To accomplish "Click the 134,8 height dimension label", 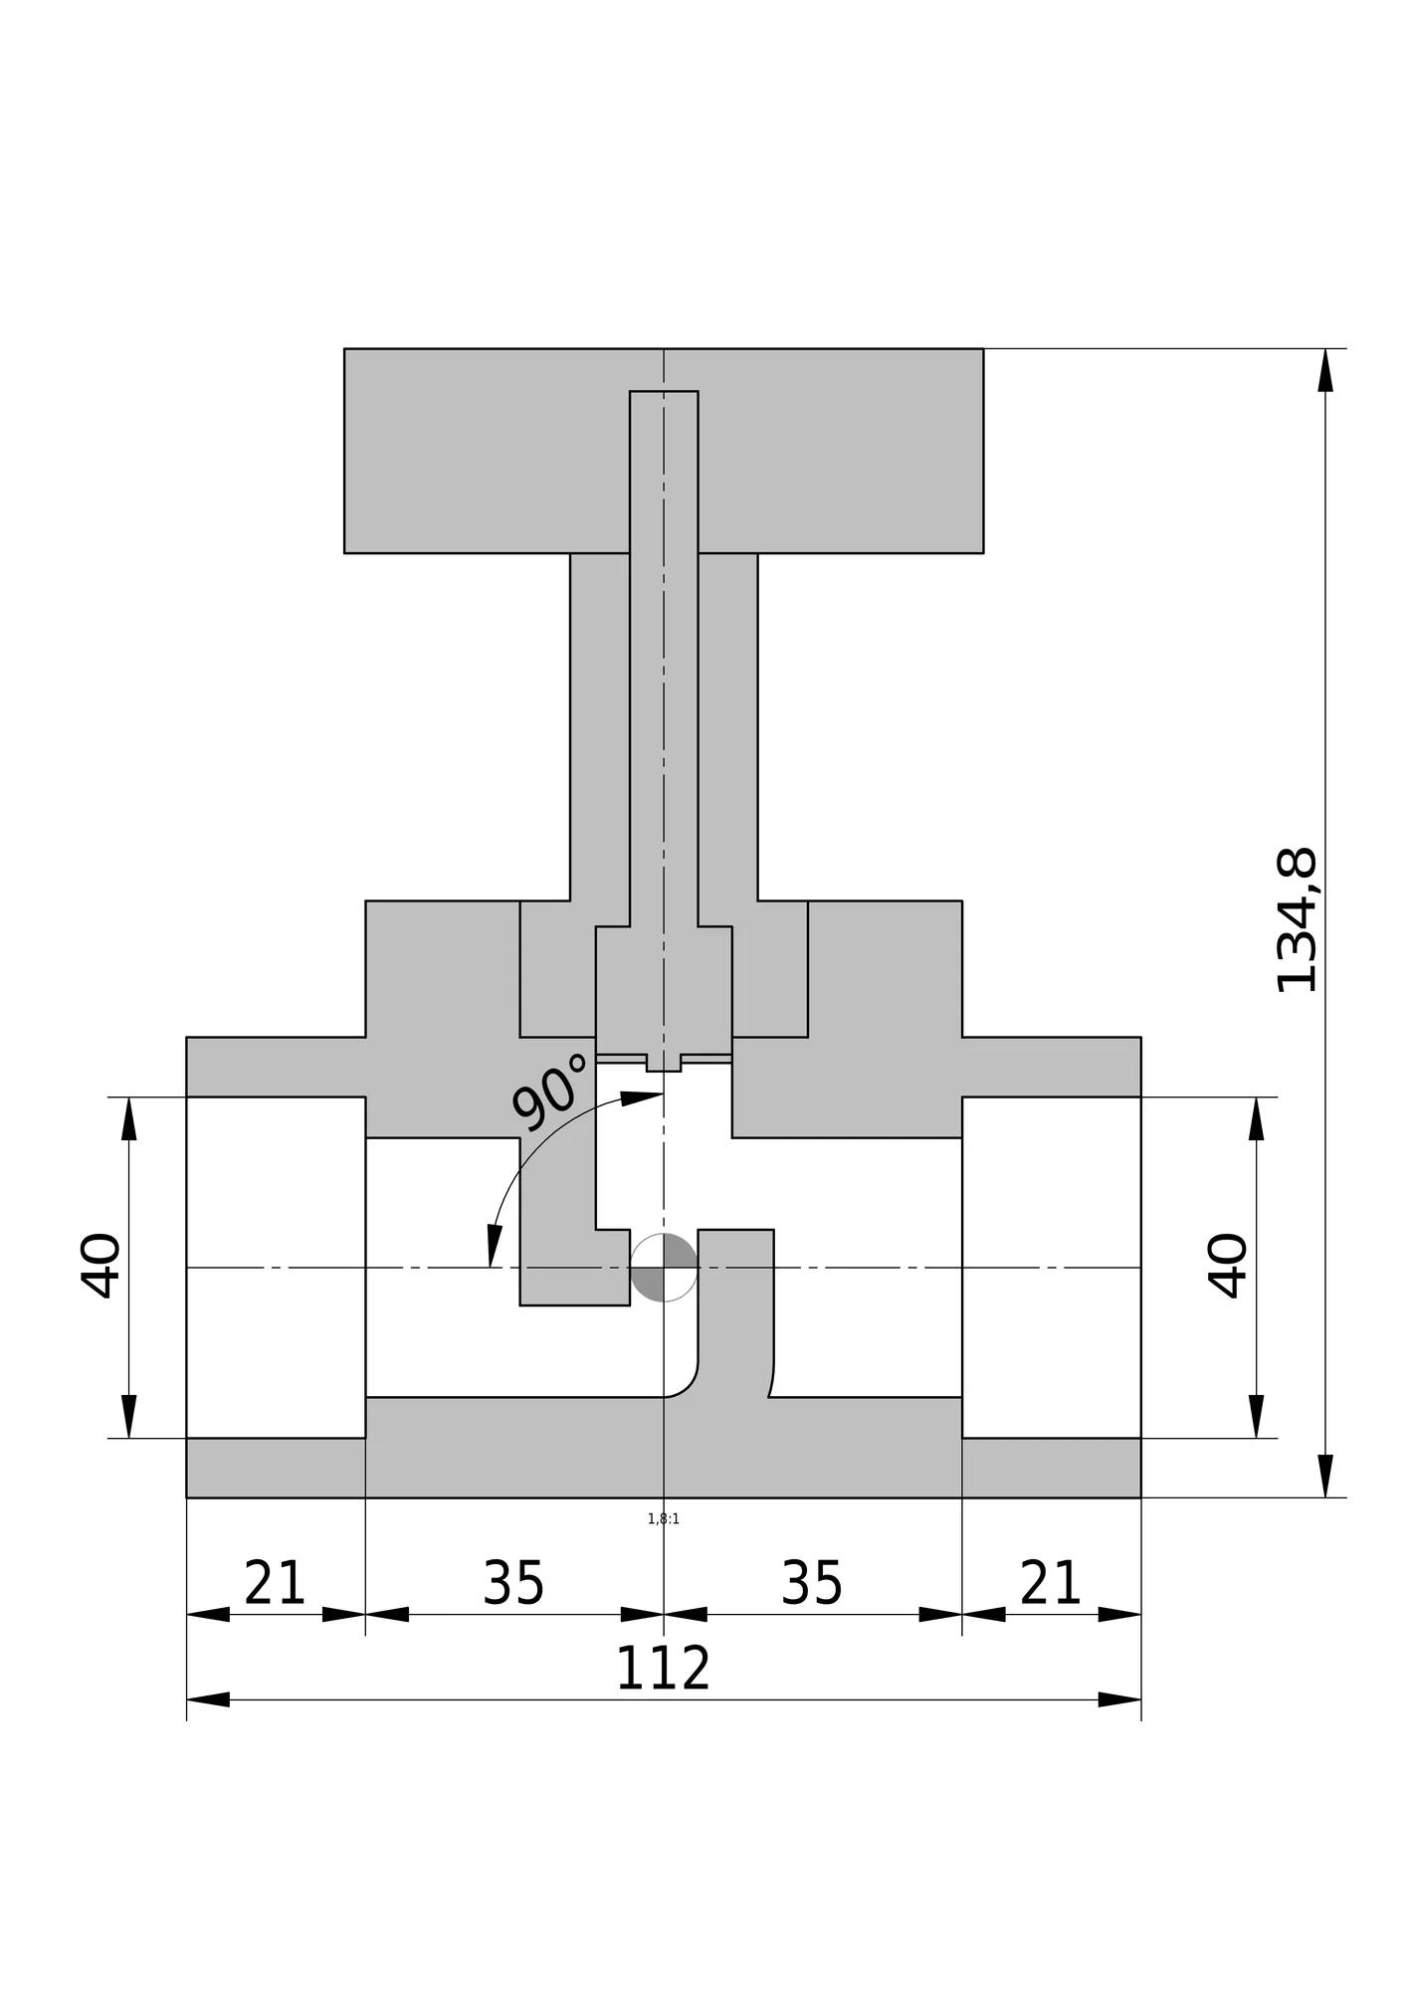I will [1297, 920].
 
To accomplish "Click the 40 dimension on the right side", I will [1229, 1266].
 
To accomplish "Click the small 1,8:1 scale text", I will [664, 1519].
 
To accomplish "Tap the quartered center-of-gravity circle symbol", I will [664, 1268].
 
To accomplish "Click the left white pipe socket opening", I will [276, 1267].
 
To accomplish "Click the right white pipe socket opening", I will [1051, 1267].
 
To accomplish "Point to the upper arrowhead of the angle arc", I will [642, 1097].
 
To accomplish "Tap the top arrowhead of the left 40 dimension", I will [128, 1118].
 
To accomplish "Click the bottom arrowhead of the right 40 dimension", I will [1257, 1416].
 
